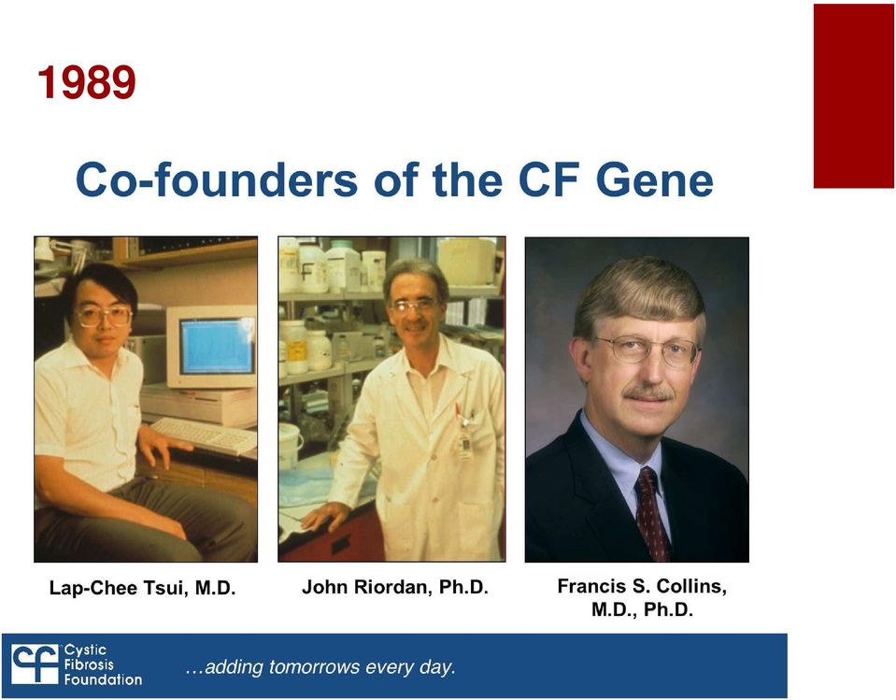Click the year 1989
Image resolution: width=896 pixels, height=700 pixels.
pos(87,82)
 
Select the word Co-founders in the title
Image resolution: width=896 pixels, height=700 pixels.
pos(217,179)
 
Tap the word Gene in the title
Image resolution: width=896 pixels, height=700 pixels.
pos(654,180)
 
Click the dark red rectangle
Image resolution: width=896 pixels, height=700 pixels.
pos(854,96)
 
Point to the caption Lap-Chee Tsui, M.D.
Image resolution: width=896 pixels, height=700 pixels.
pos(142,588)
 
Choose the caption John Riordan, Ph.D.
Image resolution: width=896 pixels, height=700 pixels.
pos(395,587)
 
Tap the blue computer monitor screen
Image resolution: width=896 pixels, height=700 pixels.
pos(217,346)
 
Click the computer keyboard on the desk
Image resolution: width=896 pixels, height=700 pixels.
pos(204,435)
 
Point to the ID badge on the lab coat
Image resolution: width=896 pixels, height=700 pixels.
pos(465,445)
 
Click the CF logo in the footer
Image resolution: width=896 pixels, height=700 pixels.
pos(36,664)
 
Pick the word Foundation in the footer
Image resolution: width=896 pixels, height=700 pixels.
pos(103,679)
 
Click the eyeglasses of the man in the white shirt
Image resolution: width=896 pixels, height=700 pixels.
pos(104,317)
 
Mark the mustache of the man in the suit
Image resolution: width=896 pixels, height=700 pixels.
pos(648,393)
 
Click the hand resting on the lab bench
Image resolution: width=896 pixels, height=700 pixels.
pos(324,516)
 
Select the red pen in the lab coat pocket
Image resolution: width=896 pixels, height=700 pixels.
pos(458,411)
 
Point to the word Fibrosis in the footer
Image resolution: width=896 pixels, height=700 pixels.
pos(89,664)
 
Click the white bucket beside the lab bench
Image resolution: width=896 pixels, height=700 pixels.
pos(291,446)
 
